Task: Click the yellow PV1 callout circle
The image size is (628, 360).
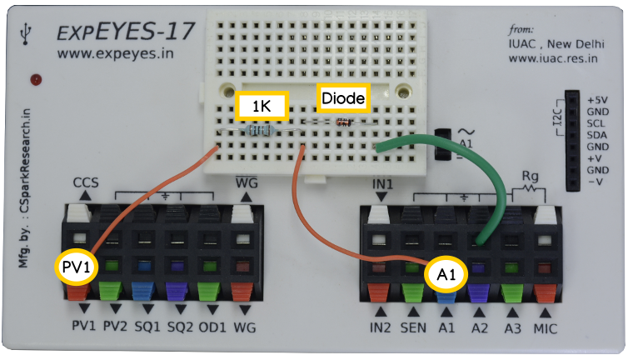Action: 76,267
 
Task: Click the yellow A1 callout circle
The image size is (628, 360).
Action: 446,272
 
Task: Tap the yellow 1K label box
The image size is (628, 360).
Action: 261,106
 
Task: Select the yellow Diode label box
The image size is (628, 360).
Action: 343,98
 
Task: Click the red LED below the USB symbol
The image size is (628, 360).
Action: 36,79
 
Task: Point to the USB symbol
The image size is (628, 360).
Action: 30,31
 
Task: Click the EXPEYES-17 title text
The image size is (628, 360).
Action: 126,32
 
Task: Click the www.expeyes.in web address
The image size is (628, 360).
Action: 107,54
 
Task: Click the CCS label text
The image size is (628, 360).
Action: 86,182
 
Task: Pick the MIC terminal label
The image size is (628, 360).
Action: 546,330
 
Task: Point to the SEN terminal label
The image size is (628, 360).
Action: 414,330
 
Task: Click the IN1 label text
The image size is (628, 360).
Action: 381,182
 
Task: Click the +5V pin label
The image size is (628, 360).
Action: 597,99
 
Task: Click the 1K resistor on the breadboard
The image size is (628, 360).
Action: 261,131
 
